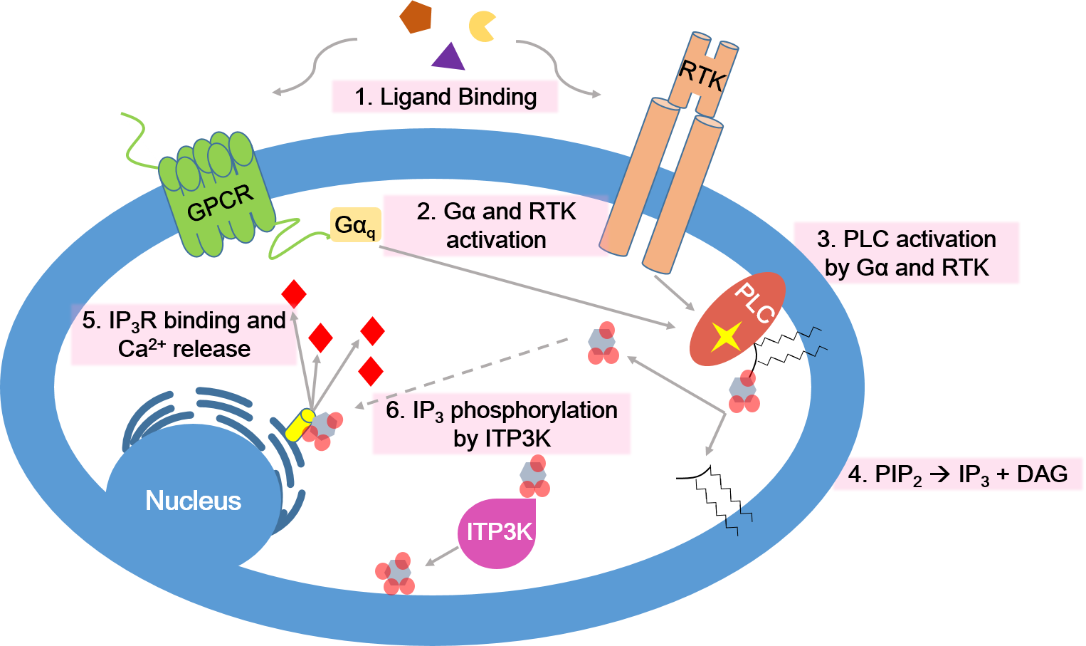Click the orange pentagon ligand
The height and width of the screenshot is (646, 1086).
click(x=416, y=17)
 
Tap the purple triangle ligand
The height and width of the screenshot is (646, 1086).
click(x=448, y=57)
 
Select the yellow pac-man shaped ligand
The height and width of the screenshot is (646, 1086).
click(x=482, y=26)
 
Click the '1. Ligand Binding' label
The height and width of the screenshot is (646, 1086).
click(x=445, y=97)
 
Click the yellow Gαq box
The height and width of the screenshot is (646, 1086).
click(x=355, y=225)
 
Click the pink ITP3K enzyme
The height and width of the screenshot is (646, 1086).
click(x=497, y=532)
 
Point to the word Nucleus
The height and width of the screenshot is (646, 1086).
click(x=193, y=501)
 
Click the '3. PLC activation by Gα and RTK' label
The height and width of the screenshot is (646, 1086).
click(x=906, y=254)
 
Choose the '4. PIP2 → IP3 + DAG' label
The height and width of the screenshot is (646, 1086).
click(x=957, y=474)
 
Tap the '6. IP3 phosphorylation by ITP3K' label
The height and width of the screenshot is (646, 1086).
click(x=502, y=424)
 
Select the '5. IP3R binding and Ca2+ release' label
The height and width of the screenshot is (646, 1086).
click(x=184, y=335)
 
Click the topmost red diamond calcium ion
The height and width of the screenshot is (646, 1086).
click(x=294, y=293)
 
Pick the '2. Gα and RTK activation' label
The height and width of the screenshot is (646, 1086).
click(x=496, y=226)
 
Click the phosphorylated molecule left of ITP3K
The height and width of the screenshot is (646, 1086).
click(x=395, y=573)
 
